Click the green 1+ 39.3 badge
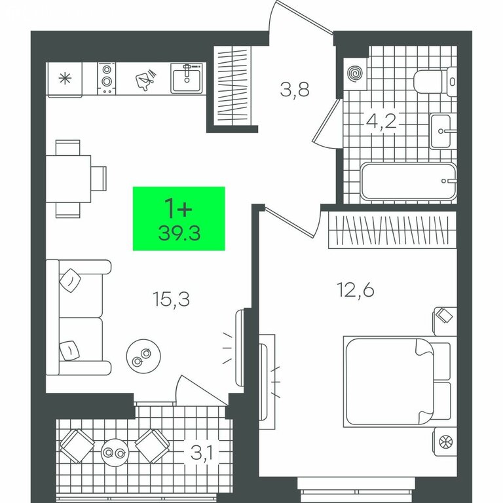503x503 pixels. coord(179,219)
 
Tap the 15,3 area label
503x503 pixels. coord(172,299)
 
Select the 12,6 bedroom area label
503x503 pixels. coord(356,290)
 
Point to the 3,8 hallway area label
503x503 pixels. coord(295,90)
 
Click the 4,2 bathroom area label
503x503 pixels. coord(381,121)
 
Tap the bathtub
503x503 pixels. coord(409,181)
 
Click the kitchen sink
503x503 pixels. coord(187,79)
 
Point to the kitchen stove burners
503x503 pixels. coord(107,79)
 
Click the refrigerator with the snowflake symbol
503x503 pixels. coord(65,79)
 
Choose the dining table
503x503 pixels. coord(68,179)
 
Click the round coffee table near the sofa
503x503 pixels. coord(143,356)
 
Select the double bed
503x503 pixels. coord(397,382)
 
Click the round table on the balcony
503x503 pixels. coord(115,453)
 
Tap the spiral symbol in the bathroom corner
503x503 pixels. coord(356,74)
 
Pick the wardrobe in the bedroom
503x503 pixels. coord(393,230)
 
